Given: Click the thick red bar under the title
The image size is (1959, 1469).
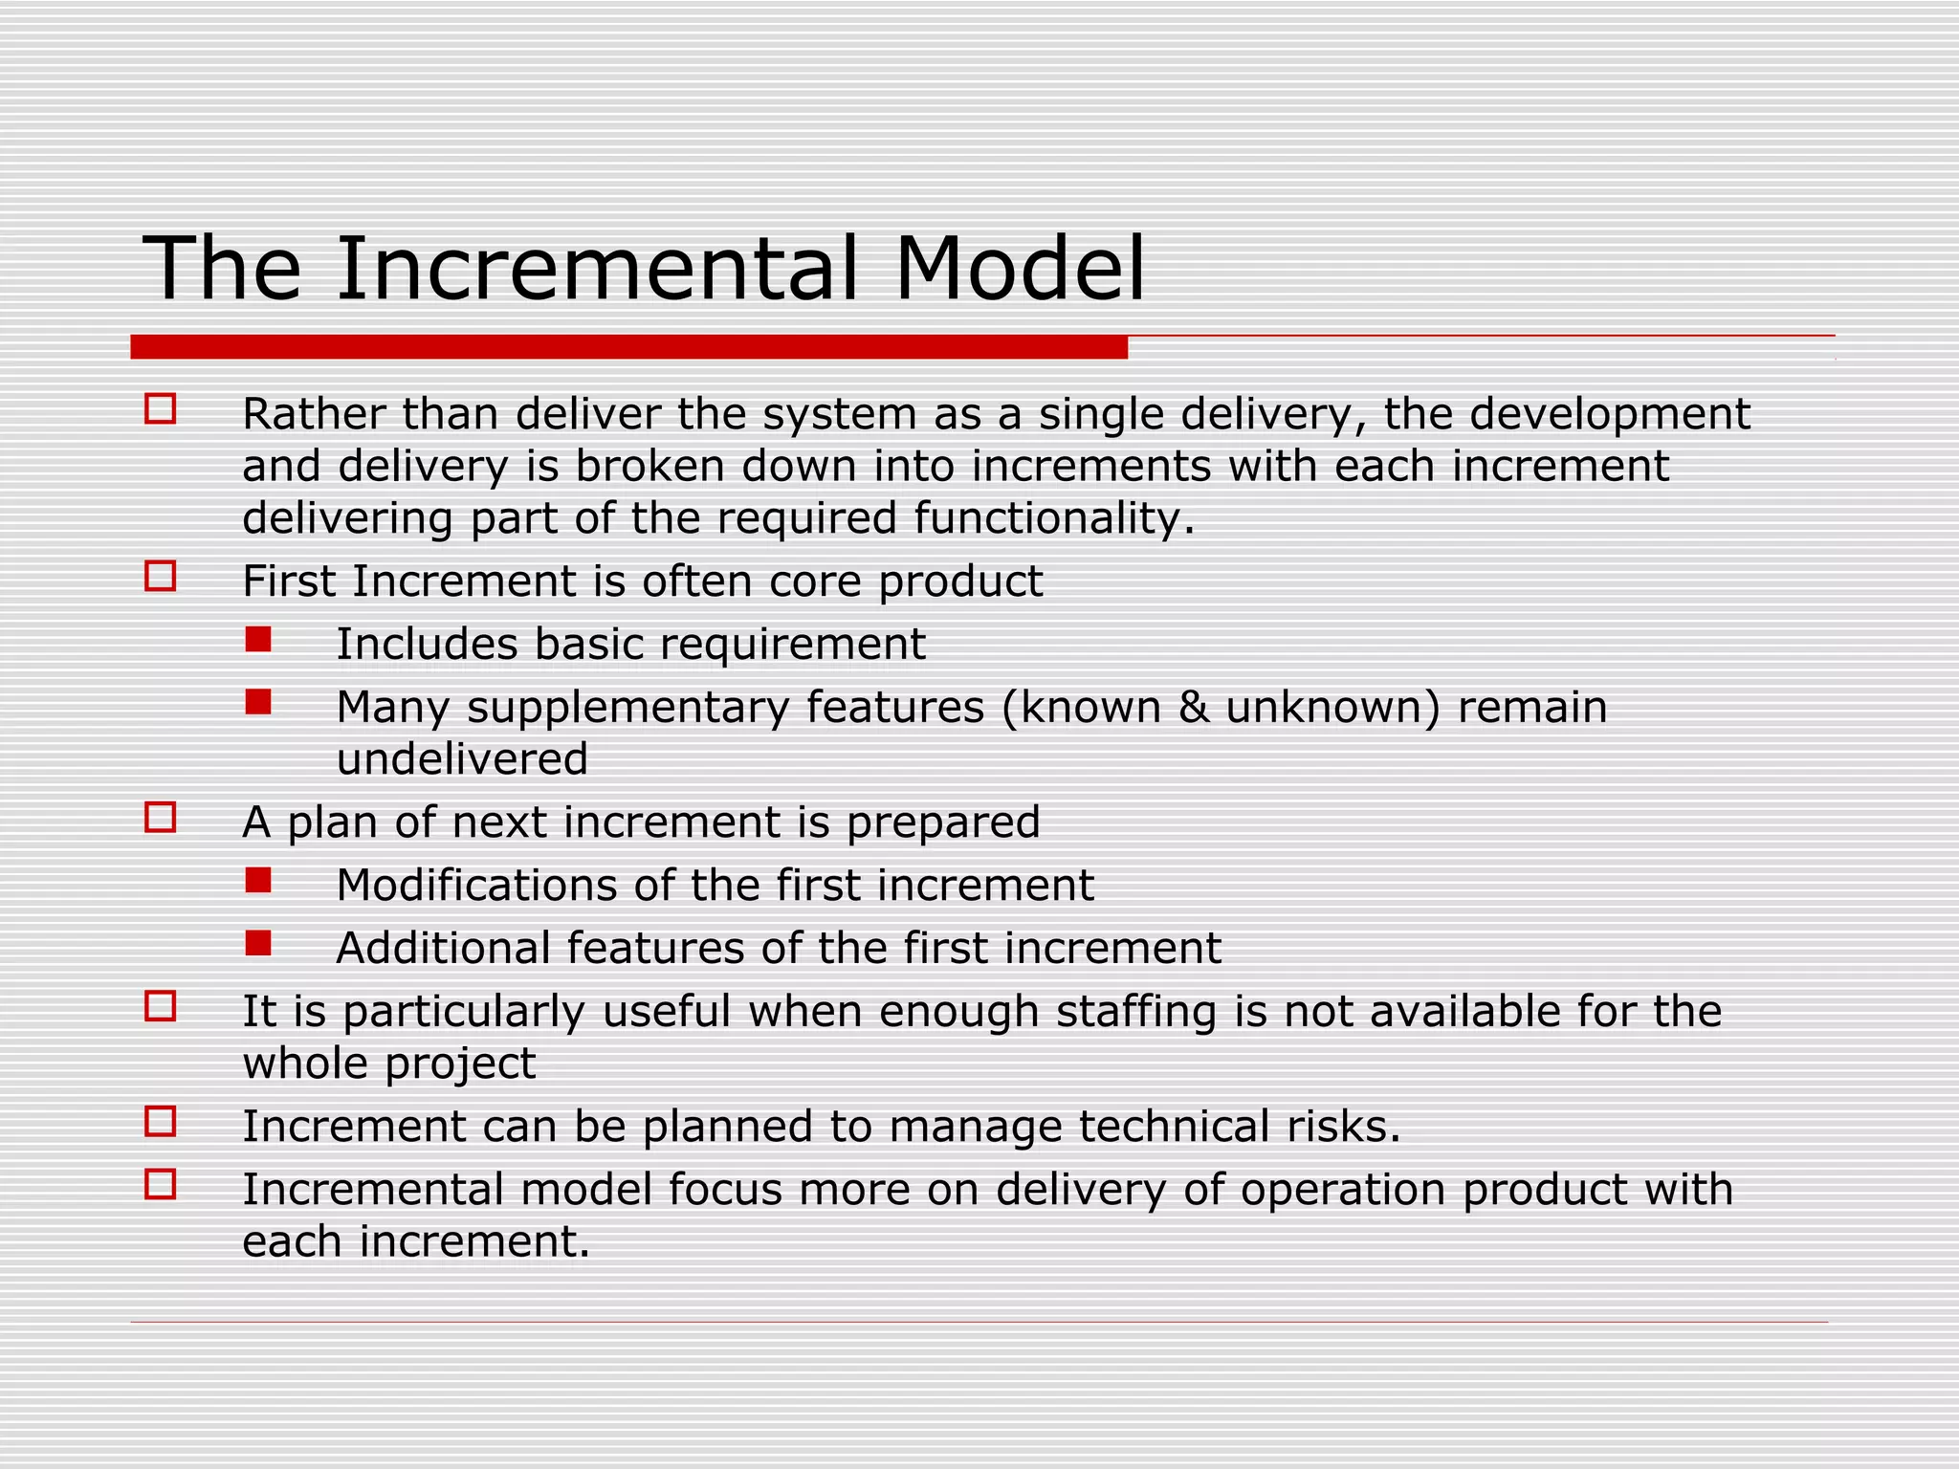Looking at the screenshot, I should [x=628, y=347].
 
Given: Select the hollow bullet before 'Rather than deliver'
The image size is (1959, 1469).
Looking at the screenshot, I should [x=160, y=409].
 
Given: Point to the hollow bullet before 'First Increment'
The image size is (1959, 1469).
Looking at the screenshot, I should [x=160, y=577].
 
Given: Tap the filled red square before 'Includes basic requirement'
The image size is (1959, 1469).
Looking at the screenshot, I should [x=258, y=640].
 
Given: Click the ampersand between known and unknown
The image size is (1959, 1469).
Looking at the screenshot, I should [x=1194, y=708].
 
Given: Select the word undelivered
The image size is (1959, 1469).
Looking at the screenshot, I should [x=462, y=759].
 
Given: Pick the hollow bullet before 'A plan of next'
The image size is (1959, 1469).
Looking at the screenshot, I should [x=160, y=818].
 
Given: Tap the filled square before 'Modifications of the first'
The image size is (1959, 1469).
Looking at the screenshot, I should [x=258, y=881].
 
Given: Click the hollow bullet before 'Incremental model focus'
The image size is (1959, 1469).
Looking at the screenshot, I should [x=160, y=1185].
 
